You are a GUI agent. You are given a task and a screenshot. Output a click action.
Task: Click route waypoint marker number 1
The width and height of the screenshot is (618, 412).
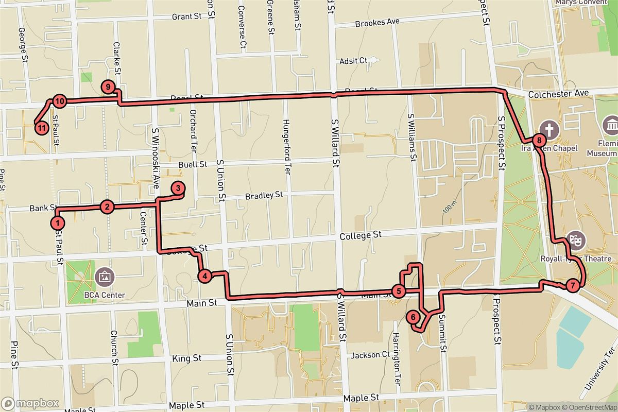(x=58, y=223)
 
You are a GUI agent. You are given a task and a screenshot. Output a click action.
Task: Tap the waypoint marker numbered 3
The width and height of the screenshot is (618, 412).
(x=177, y=188)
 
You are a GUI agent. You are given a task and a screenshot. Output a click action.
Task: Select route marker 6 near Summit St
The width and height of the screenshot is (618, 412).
(x=413, y=317)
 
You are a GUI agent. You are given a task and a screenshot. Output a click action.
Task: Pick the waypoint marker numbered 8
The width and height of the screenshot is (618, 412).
(x=538, y=140)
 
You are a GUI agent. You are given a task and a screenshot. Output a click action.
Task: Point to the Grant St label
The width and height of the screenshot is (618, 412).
(x=186, y=16)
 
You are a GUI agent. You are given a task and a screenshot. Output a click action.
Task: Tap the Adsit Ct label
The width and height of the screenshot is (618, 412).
(x=353, y=61)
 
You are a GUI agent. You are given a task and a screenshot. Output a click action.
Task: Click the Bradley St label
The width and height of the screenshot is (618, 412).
(x=264, y=196)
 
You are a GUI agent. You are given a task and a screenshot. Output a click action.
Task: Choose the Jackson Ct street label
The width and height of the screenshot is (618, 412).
(x=370, y=355)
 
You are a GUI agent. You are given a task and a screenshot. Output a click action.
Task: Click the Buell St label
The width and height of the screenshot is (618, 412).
(x=192, y=165)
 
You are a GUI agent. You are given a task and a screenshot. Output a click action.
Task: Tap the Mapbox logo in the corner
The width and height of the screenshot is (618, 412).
(x=30, y=403)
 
